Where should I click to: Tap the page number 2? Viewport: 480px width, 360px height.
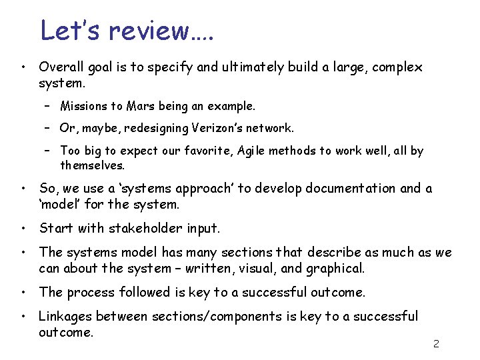[x=436, y=344]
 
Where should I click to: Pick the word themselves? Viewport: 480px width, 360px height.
[x=92, y=165]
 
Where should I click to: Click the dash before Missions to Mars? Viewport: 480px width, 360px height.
[x=49, y=107]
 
